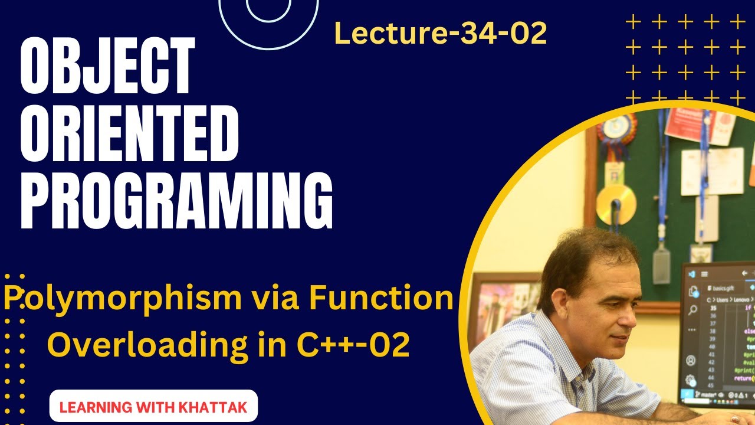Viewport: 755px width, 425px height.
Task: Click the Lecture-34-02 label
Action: click(x=440, y=34)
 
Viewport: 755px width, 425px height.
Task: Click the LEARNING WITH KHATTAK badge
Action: click(x=153, y=407)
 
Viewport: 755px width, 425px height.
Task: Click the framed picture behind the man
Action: click(x=502, y=307)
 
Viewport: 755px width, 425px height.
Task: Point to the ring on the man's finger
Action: click(x=734, y=419)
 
